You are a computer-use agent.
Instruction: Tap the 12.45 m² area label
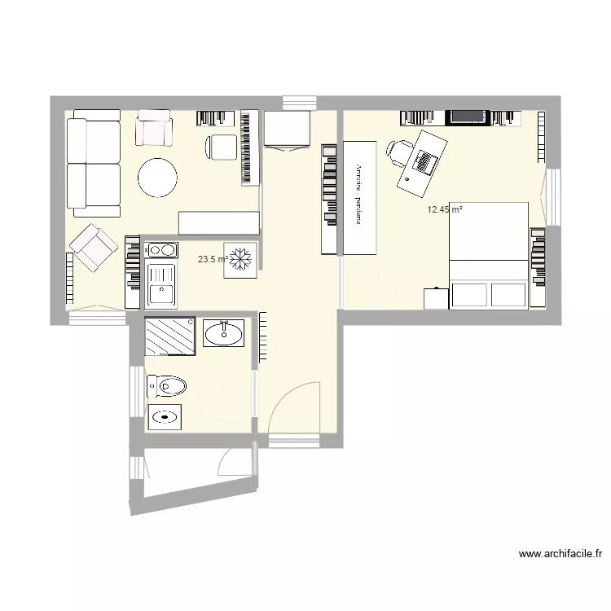[x=444, y=209]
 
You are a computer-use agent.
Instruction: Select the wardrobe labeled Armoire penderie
[x=358, y=196]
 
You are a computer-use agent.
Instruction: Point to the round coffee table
[x=157, y=178]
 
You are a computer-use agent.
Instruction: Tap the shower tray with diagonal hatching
[x=170, y=336]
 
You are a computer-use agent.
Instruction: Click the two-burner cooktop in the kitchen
[x=161, y=249]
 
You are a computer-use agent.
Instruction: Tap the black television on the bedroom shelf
[x=468, y=116]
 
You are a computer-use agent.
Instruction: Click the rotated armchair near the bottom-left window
[x=93, y=248]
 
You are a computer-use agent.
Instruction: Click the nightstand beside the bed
[x=436, y=298]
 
